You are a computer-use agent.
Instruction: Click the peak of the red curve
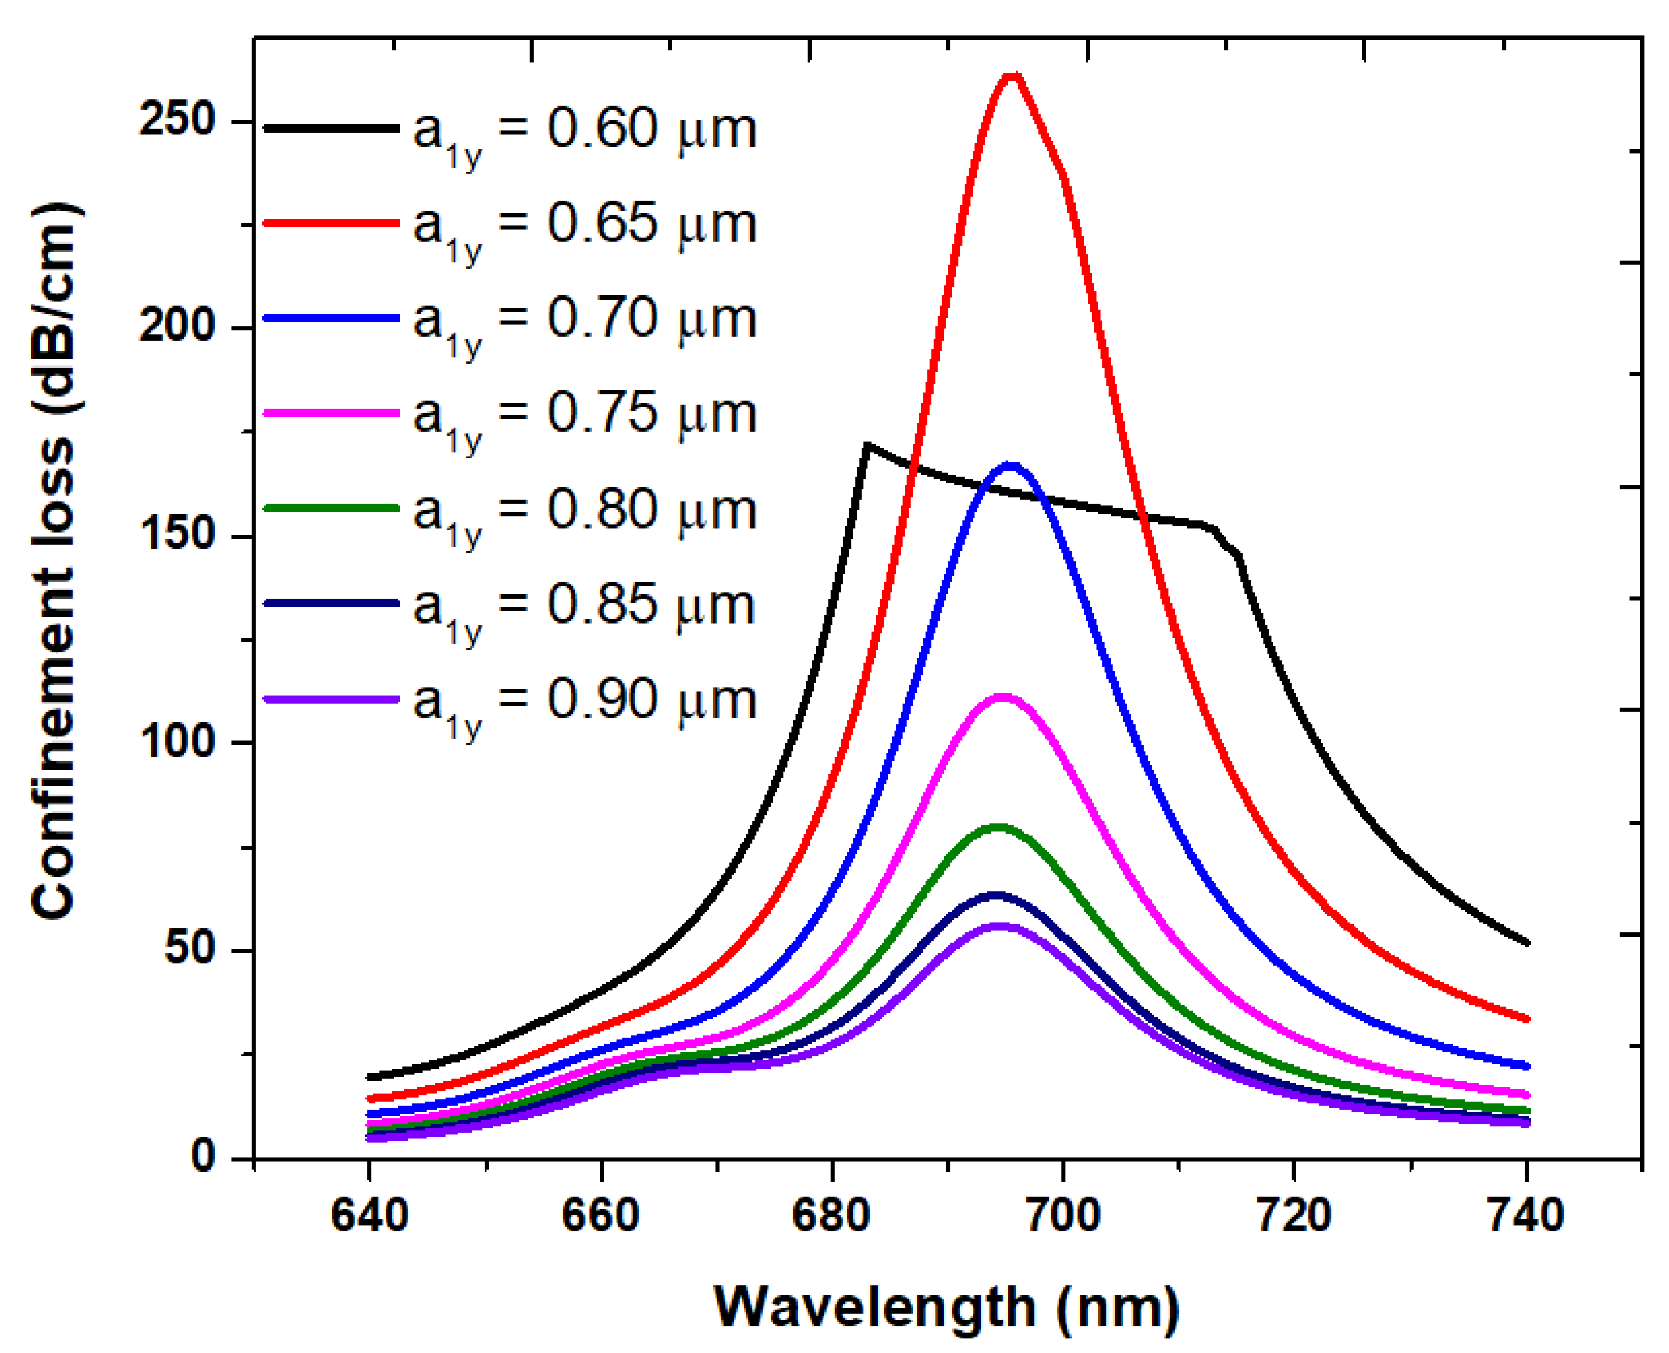1011,76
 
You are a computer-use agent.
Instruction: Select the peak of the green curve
999,827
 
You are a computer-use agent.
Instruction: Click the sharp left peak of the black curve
867,445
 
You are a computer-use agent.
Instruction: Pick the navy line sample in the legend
332,603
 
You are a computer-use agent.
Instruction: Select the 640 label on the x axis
369,1216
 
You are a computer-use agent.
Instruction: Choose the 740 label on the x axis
1525,1216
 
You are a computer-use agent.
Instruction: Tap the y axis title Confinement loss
55,561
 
